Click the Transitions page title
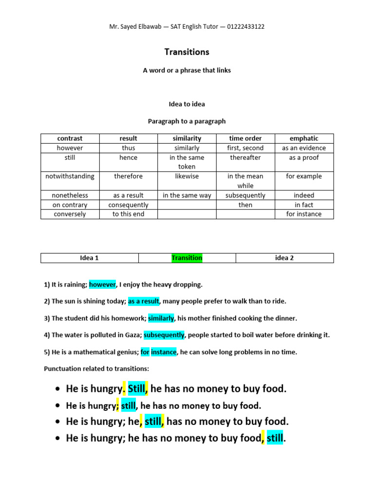click(187, 52)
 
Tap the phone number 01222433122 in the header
click(243, 27)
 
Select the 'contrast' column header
click(70, 138)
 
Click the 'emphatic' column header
click(304, 138)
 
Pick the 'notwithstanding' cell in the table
click(70, 176)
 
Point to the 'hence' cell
click(129, 157)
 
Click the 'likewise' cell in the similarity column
click(187, 176)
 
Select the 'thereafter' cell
click(245, 157)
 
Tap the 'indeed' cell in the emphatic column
click(304, 195)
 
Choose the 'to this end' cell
click(129, 214)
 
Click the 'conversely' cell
click(70, 214)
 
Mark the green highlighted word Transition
click(187, 258)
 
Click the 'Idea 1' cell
click(89, 258)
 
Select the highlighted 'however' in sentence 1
click(102, 284)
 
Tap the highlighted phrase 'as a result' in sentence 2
click(144, 301)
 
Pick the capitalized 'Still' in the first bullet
click(136, 388)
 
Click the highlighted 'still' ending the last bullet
click(275, 438)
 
